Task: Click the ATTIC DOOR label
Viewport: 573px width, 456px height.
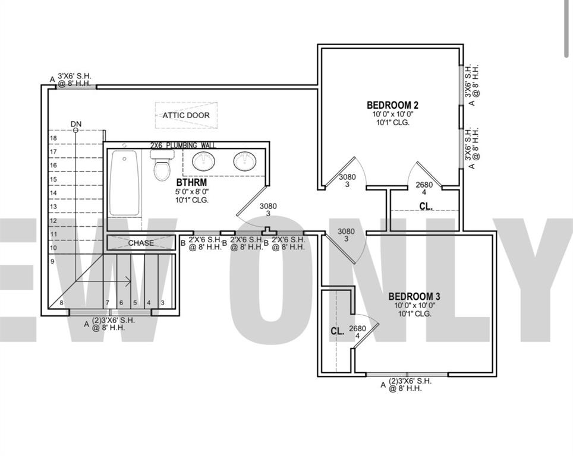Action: [186, 115]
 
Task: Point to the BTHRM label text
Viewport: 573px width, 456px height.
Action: [191, 182]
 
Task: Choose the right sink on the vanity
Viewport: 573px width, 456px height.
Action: [244, 160]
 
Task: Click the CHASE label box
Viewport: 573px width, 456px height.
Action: [141, 243]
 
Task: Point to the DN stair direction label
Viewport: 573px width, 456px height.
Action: [76, 124]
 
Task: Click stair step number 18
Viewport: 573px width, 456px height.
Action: [53, 138]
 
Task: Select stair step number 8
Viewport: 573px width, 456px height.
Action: [61, 303]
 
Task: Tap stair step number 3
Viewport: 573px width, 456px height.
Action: [162, 303]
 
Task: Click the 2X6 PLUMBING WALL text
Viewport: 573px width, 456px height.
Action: [183, 145]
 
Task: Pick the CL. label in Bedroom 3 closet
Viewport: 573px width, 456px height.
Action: [337, 332]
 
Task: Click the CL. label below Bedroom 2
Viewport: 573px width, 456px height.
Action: [426, 207]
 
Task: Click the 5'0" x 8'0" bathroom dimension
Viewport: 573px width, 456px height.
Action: [192, 192]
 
